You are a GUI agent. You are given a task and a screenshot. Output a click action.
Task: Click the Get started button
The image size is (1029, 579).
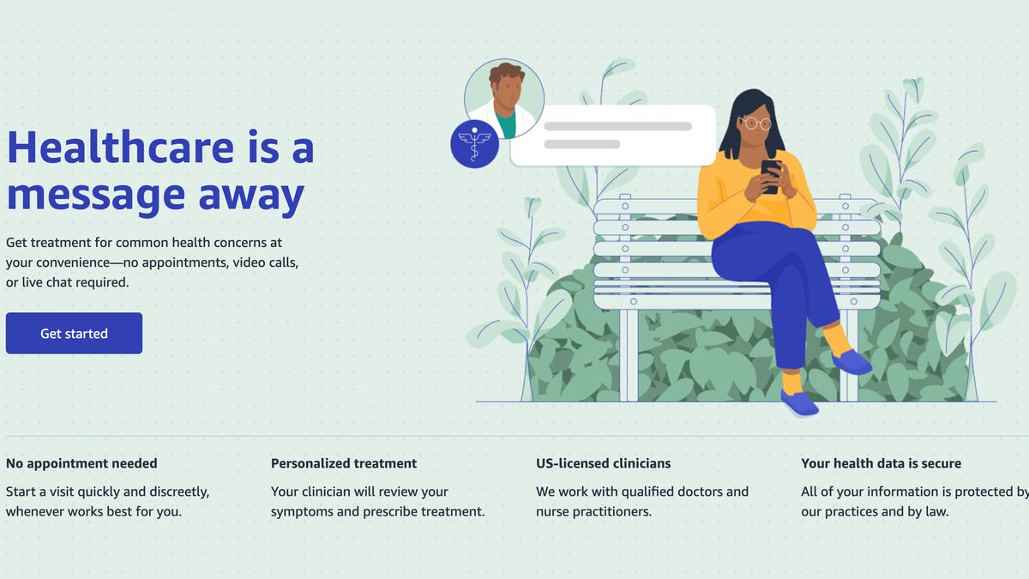click(x=74, y=334)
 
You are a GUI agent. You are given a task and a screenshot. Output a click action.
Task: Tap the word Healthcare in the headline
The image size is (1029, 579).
click(x=120, y=147)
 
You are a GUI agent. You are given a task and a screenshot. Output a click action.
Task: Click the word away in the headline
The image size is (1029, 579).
click(x=251, y=195)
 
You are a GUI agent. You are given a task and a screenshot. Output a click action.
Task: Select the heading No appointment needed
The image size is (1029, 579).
click(x=81, y=463)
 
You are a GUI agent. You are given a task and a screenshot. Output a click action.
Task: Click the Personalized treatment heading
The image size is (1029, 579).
click(x=344, y=463)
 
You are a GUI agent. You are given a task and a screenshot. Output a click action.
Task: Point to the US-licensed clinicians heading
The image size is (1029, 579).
click(x=604, y=463)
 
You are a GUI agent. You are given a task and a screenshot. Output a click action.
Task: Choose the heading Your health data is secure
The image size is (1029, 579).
click(x=881, y=463)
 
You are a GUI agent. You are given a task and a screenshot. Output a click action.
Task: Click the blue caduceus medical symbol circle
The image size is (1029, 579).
click(x=474, y=143)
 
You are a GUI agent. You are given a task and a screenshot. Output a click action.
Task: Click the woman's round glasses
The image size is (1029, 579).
click(x=755, y=123)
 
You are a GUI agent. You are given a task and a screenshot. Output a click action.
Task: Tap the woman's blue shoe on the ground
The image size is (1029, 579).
click(x=799, y=402)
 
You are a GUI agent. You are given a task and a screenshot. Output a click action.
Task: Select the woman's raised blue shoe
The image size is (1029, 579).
click(x=851, y=362)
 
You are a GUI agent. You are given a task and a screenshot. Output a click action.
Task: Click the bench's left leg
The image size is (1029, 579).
click(x=629, y=355)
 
